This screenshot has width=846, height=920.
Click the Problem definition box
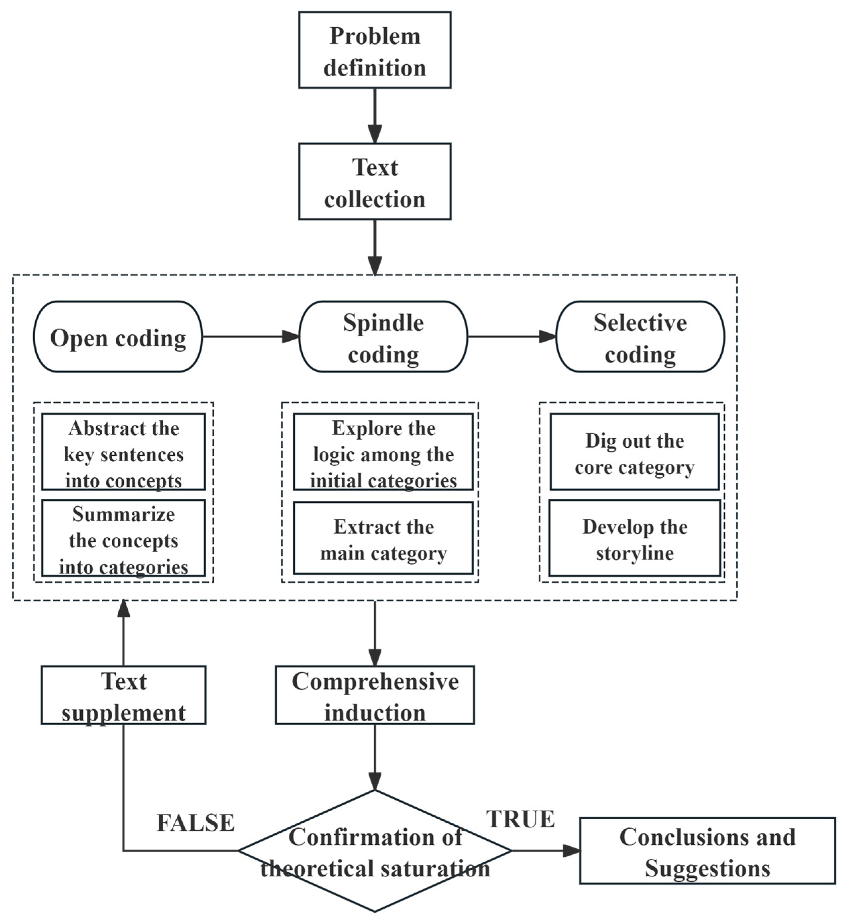point(375,50)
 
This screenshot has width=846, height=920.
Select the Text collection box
point(375,182)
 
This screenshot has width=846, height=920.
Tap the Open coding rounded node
point(118,337)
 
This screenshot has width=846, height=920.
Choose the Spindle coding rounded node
point(383,337)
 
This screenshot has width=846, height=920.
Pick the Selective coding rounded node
point(640,337)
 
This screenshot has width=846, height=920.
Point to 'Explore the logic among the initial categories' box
point(383,452)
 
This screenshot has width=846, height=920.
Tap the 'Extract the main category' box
point(383,538)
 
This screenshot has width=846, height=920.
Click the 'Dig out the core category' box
point(634,452)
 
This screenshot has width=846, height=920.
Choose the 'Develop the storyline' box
point(634,538)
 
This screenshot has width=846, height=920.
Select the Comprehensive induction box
point(375,695)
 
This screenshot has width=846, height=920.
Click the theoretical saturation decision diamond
point(375,851)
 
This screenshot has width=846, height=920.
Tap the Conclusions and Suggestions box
point(707,851)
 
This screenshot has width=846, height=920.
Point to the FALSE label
point(195,823)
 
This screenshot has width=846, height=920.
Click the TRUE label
point(520,819)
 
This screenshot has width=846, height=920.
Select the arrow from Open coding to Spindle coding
point(250,337)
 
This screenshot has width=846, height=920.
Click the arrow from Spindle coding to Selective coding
point(512,337)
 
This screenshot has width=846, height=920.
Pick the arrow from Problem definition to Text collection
point(375,115)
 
